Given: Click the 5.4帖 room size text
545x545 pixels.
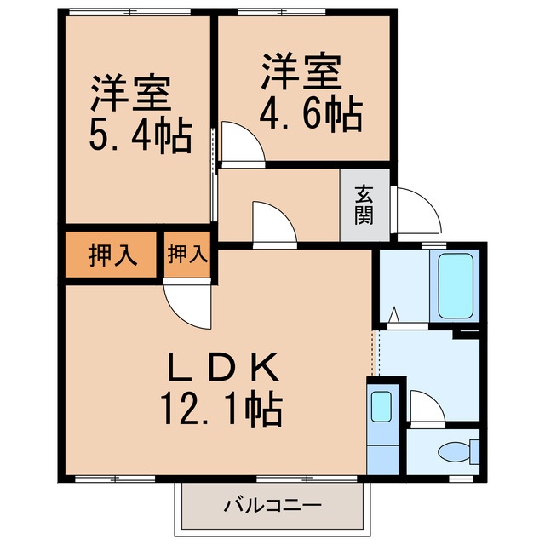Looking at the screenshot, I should pos(141,135).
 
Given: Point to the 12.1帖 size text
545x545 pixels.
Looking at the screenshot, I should pos(220,410).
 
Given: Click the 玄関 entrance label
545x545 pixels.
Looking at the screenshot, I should pos(364,205).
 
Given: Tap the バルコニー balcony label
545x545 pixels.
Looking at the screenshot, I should pos(272,506).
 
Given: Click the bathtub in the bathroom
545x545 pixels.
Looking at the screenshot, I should pos(454,284).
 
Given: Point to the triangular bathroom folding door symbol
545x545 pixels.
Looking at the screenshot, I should pos(393,316).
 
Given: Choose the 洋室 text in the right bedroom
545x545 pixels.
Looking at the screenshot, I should pos(301,73).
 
